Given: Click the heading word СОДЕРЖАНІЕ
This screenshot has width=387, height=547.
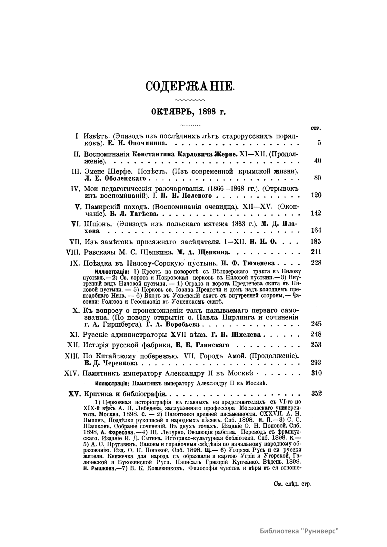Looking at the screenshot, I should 189,86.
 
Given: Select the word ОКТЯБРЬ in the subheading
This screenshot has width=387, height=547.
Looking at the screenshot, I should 167,112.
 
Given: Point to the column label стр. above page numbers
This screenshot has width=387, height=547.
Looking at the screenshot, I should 315,128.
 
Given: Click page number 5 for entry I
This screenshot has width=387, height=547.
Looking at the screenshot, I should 319,142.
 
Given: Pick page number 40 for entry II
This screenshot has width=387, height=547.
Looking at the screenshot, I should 317,161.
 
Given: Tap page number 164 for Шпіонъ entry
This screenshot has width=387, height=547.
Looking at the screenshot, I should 316,231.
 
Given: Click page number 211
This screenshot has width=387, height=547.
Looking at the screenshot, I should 316,252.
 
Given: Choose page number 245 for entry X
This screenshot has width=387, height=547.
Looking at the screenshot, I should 316,324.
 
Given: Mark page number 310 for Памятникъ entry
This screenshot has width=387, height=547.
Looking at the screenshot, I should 316,373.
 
